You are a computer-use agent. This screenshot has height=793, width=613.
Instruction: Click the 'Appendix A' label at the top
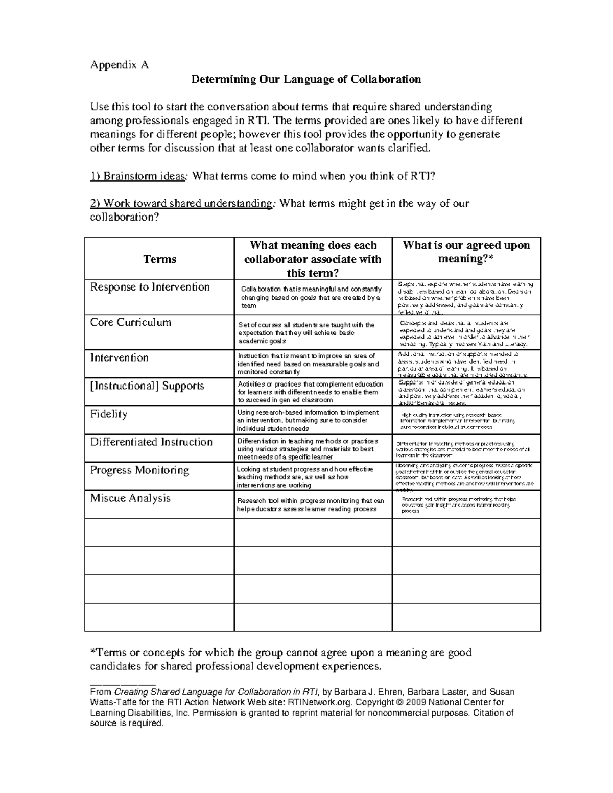point(119,65)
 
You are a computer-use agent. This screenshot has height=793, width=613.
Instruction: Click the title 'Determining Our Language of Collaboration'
point(306,79)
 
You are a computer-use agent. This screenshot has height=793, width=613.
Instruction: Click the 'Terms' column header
point(159,259)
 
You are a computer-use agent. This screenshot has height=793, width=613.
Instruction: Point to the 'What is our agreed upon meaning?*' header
point(466,252)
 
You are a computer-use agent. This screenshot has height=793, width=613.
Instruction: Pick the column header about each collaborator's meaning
point(313,259)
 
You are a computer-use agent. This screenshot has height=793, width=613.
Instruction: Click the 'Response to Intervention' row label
point(150,287)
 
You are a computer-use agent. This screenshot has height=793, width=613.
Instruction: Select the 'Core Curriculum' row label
point(131,322)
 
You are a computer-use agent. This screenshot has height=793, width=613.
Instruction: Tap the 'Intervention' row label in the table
point(119,357)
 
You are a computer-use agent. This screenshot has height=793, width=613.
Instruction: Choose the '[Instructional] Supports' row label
point(147,386)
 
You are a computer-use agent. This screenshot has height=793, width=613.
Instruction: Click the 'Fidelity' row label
point(109,414)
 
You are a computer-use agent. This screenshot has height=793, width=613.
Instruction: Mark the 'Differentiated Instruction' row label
point(151,442)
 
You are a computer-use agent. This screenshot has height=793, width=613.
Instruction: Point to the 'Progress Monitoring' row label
point(139,470)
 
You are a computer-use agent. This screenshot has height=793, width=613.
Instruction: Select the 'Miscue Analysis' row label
point(130,498)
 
